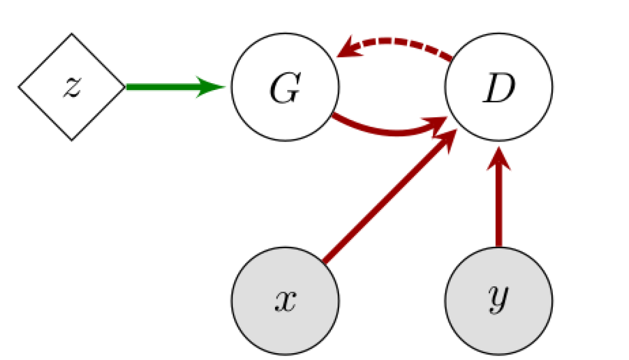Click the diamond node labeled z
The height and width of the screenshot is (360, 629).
tap(72, 87)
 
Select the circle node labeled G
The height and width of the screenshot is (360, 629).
tap(285, 87)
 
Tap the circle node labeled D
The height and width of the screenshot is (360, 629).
tap(499, 87)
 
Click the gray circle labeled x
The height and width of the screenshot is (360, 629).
tap(285, 301)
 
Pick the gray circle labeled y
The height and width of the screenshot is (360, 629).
tap(499, 301)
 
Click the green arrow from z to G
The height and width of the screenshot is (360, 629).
tap(168, 87)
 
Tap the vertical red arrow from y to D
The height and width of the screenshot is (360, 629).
tap(499, 205)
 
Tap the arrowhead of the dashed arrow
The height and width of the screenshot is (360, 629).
tap(350, 50)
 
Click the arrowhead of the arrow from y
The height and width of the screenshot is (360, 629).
tap(499, 161)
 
